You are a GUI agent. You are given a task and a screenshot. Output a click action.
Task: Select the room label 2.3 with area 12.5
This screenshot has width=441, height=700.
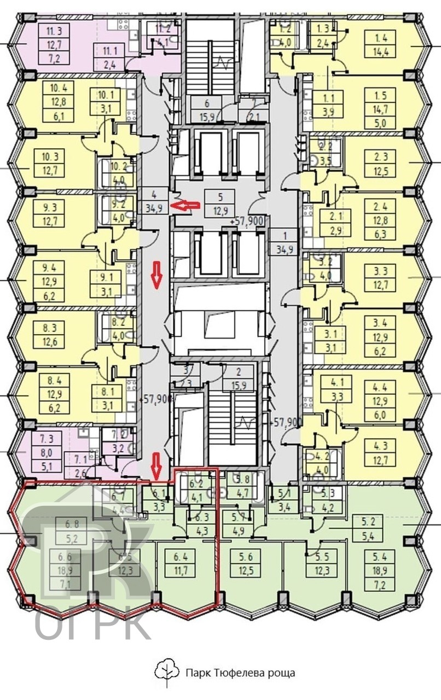pyautogui.click(x=381, y=163)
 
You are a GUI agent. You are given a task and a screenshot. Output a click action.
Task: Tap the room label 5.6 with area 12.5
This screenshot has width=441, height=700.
pyautogui.click(x=246, y=564)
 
